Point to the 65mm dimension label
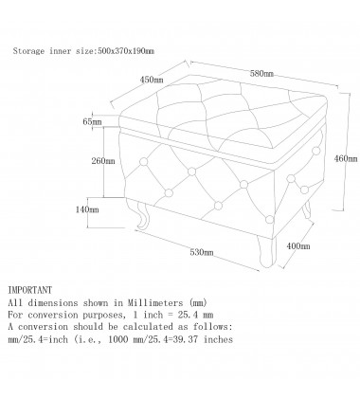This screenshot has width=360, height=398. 91,123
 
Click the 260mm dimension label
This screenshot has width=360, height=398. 102,161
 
